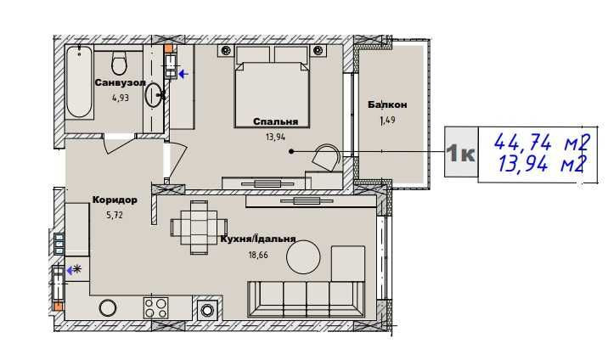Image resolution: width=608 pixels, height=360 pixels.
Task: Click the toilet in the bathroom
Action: (x=119, y=61)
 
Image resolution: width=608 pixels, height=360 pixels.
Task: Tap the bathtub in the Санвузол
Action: (x=79, y=82)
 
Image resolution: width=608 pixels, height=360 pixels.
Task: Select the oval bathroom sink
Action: (x=153, y=94)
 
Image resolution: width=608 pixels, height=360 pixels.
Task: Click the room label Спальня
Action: (x=276, y=121)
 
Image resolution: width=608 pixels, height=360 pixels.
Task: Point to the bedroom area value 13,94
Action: (x=276, y=137)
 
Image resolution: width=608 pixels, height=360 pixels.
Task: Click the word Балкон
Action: (x=387, y=104)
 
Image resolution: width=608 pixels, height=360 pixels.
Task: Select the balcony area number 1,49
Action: (x=387, y=120)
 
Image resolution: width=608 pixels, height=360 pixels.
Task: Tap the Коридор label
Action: (x=115, y=200)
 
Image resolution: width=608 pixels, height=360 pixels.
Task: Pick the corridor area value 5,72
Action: (x=115, y=215)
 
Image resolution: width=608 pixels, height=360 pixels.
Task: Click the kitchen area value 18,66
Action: (x=258, y=255)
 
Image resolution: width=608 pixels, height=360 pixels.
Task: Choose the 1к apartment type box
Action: (x=461, y=152)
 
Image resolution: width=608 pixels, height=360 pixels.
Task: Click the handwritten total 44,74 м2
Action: (x=542, y=143)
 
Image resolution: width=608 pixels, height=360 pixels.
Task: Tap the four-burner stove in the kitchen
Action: (x=156, y=308)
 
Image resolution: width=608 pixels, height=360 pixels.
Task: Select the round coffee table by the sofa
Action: (x=303, y=257)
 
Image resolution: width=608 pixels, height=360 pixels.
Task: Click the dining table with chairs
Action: (x=199, y=227)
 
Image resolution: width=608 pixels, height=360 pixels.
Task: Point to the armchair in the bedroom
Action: (x=327, y=158)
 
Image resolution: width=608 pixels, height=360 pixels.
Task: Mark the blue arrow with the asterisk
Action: (x=74, y=270)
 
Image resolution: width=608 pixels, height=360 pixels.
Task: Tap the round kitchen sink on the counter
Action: (x=107, y=308)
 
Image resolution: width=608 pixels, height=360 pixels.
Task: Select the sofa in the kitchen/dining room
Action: (x=307, y=299)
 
